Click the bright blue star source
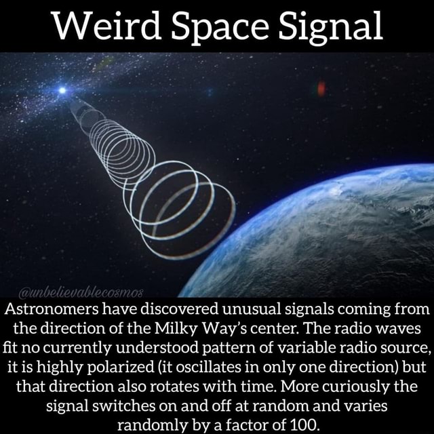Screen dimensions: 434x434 tap(63, 90)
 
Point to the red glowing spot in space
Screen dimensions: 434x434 tap(321, 88)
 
